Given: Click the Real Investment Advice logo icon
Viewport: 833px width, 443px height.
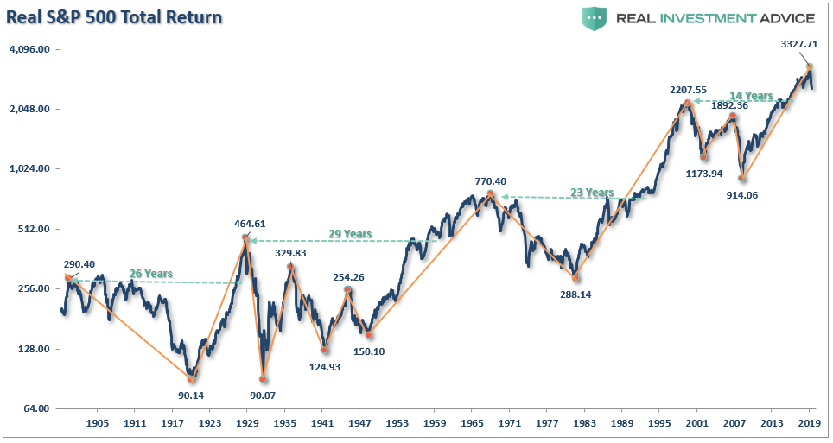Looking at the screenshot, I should tap(594, 18).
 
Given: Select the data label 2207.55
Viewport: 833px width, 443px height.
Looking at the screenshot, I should tap(688, 89).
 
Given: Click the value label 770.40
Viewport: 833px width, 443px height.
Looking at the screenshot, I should tap(490, 181).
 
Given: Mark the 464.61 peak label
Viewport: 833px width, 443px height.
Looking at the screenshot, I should tap(246, 224).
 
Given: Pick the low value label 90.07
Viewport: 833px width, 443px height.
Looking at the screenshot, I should tap(262, 396).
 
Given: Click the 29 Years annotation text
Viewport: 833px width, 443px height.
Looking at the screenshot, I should tap(350, 234).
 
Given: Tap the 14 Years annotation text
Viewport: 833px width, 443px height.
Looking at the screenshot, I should tap(749, 96).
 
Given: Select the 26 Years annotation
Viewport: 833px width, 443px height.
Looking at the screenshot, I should tap(151, 274).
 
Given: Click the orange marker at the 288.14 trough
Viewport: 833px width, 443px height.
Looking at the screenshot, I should tap(575, 277).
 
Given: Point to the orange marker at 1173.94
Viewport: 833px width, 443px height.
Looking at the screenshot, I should tap(704, 156).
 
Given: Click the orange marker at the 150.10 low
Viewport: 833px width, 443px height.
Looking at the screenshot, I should tap(369, 334).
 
